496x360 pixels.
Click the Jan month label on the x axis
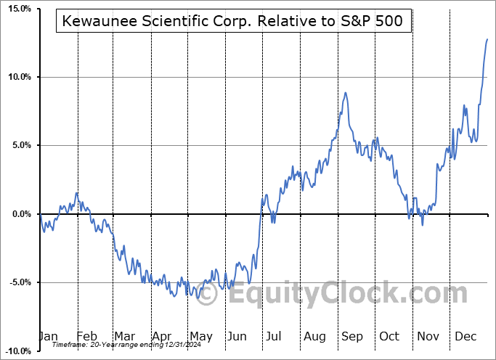point(48,337)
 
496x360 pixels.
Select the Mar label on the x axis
point(124,337)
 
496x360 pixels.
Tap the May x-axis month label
point(200,337)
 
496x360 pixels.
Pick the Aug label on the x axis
point(315,337)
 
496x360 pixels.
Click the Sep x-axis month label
point(354,337)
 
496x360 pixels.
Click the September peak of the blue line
point(346,93)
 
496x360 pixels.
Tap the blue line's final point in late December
point(487,39)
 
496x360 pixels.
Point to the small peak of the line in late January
point(77,193)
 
